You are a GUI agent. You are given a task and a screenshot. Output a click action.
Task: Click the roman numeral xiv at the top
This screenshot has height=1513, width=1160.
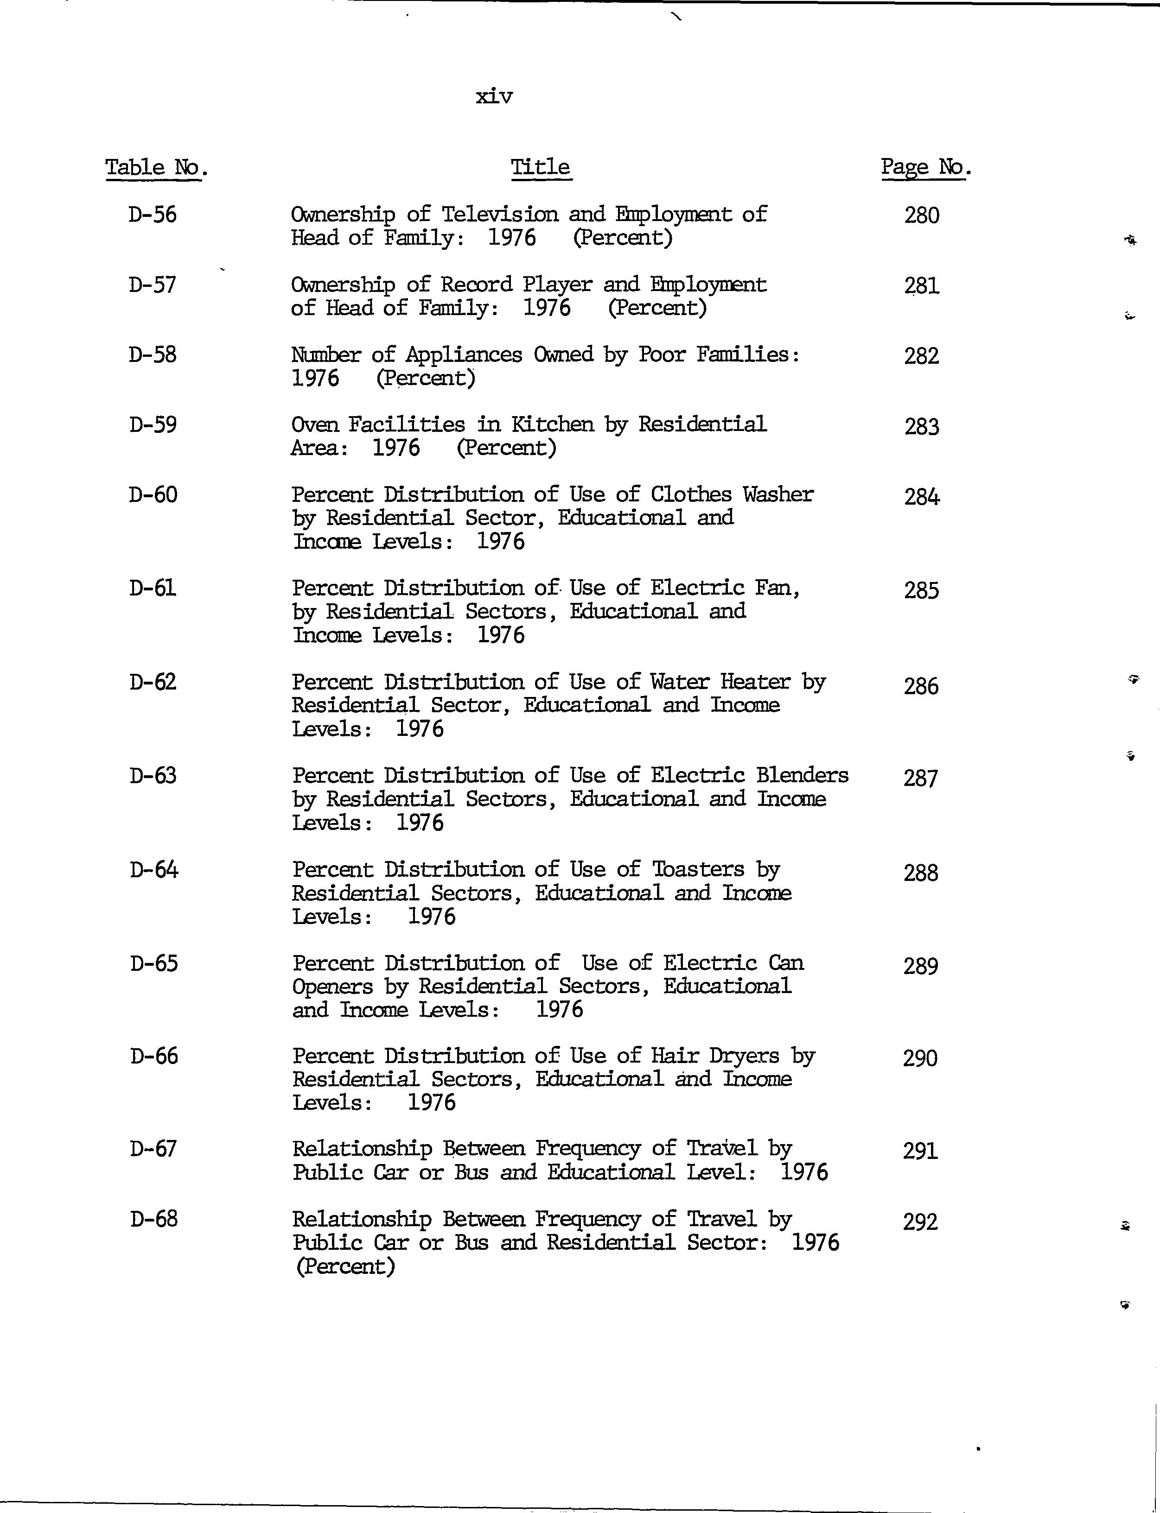494,97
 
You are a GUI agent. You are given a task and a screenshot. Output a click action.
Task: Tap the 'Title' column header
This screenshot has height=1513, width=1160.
541,168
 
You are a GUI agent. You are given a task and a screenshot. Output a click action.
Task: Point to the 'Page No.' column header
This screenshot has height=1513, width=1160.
925,168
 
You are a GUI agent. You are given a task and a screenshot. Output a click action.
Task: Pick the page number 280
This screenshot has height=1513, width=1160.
922,216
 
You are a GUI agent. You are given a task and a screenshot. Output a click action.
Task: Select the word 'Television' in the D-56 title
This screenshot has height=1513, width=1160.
499,215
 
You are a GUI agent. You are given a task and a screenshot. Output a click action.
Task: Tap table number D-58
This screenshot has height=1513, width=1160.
153,355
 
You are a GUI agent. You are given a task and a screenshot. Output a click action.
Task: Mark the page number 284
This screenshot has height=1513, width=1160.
922,497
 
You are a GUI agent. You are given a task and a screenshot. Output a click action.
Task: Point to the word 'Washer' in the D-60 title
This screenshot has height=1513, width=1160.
778,495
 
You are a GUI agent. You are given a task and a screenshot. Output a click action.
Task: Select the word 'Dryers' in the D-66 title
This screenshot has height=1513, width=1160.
744,1056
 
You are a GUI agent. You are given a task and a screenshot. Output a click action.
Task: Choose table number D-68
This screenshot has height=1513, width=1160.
154,1220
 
